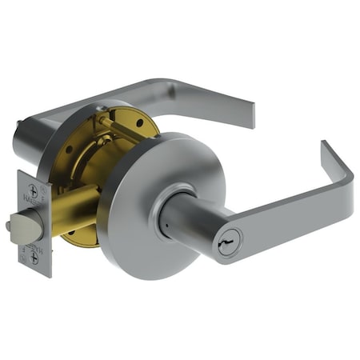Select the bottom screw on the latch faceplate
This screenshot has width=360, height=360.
click(33, 257)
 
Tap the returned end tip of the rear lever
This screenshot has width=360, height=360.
click(250, 116)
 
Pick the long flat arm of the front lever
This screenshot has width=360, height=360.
click(288, 212)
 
